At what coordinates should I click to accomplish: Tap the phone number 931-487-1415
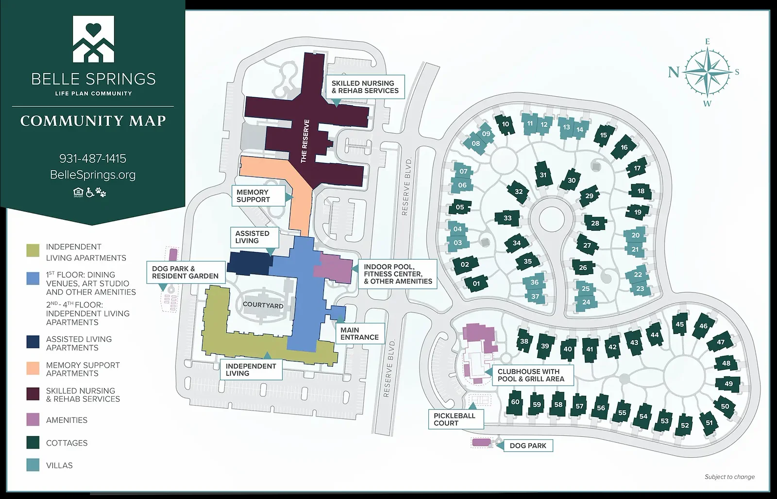point(93,158)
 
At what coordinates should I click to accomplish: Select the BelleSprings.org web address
point(93,175)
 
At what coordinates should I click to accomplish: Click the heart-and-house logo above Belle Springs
point(93,39)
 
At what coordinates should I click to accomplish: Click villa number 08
point(476,143)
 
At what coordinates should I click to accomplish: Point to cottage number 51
point(709,422)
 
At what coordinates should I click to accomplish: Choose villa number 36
point(534,282)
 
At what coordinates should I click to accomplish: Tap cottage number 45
point(679,324)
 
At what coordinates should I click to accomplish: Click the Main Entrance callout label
point(359,333)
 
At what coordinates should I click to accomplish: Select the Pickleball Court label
point(455,419)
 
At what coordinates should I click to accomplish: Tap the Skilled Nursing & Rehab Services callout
point(365,87)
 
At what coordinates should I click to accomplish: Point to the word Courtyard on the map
point(263,305)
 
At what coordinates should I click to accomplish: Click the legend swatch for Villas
point(33,465)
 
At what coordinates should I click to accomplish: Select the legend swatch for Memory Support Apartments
point(33,368)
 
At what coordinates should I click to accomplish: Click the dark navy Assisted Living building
point(248,263)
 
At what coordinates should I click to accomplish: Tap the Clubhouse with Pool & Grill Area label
point(531,375)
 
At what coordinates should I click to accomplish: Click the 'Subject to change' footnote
point(729,477)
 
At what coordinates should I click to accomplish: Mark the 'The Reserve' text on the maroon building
point(304,141)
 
